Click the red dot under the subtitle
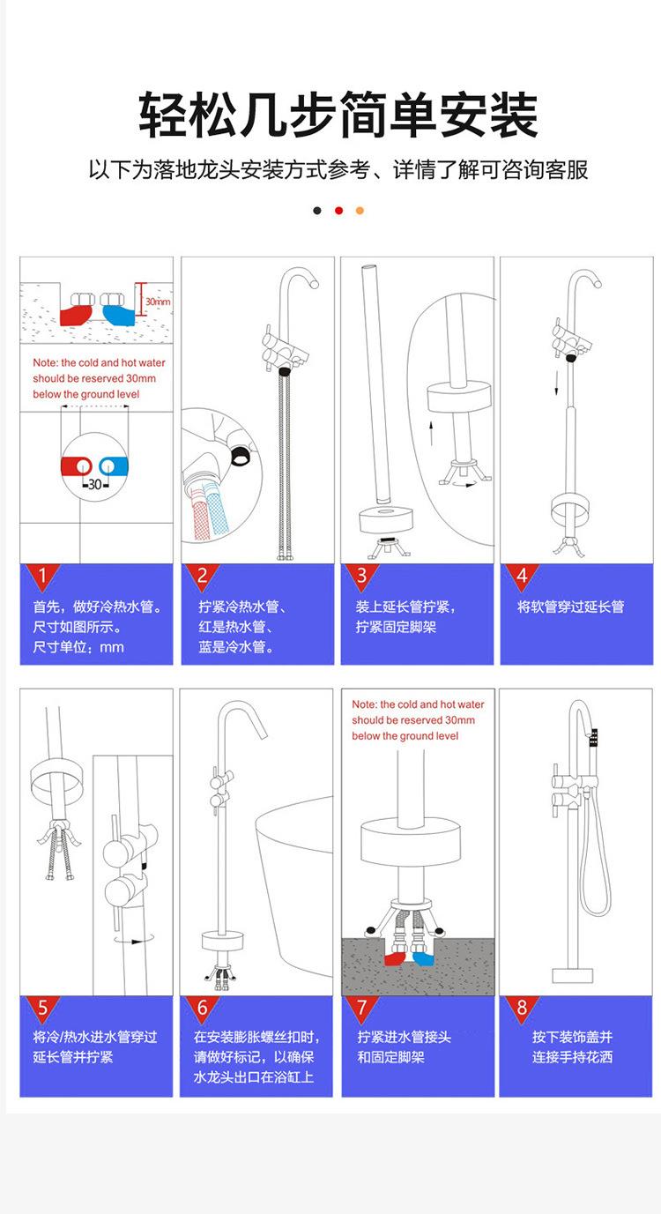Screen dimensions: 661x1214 (339, 211)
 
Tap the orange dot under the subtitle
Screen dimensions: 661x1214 (360, 211)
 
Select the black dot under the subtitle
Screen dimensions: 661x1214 (317, 211)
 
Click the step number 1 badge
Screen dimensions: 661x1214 (42, 576)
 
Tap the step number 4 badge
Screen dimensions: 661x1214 (522, 576)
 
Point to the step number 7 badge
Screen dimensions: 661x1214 (362, 1008)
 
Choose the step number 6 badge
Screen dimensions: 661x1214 (202, 1008)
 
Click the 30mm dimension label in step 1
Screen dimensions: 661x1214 (158, 302)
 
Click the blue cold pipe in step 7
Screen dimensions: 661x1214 (424, 958)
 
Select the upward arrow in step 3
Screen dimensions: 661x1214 (431, 434)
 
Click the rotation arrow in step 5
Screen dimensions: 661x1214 (134, 941)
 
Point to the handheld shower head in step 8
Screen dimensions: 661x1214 (594, 741)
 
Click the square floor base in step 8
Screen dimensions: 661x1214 (572, 976)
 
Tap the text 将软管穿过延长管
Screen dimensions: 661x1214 (570, 607)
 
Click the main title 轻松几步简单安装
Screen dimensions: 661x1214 (338, 115)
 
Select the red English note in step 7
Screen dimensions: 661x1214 (418, 719)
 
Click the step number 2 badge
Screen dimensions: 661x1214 (202, 576)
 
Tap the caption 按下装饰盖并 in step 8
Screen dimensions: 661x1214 (572, 1037)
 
